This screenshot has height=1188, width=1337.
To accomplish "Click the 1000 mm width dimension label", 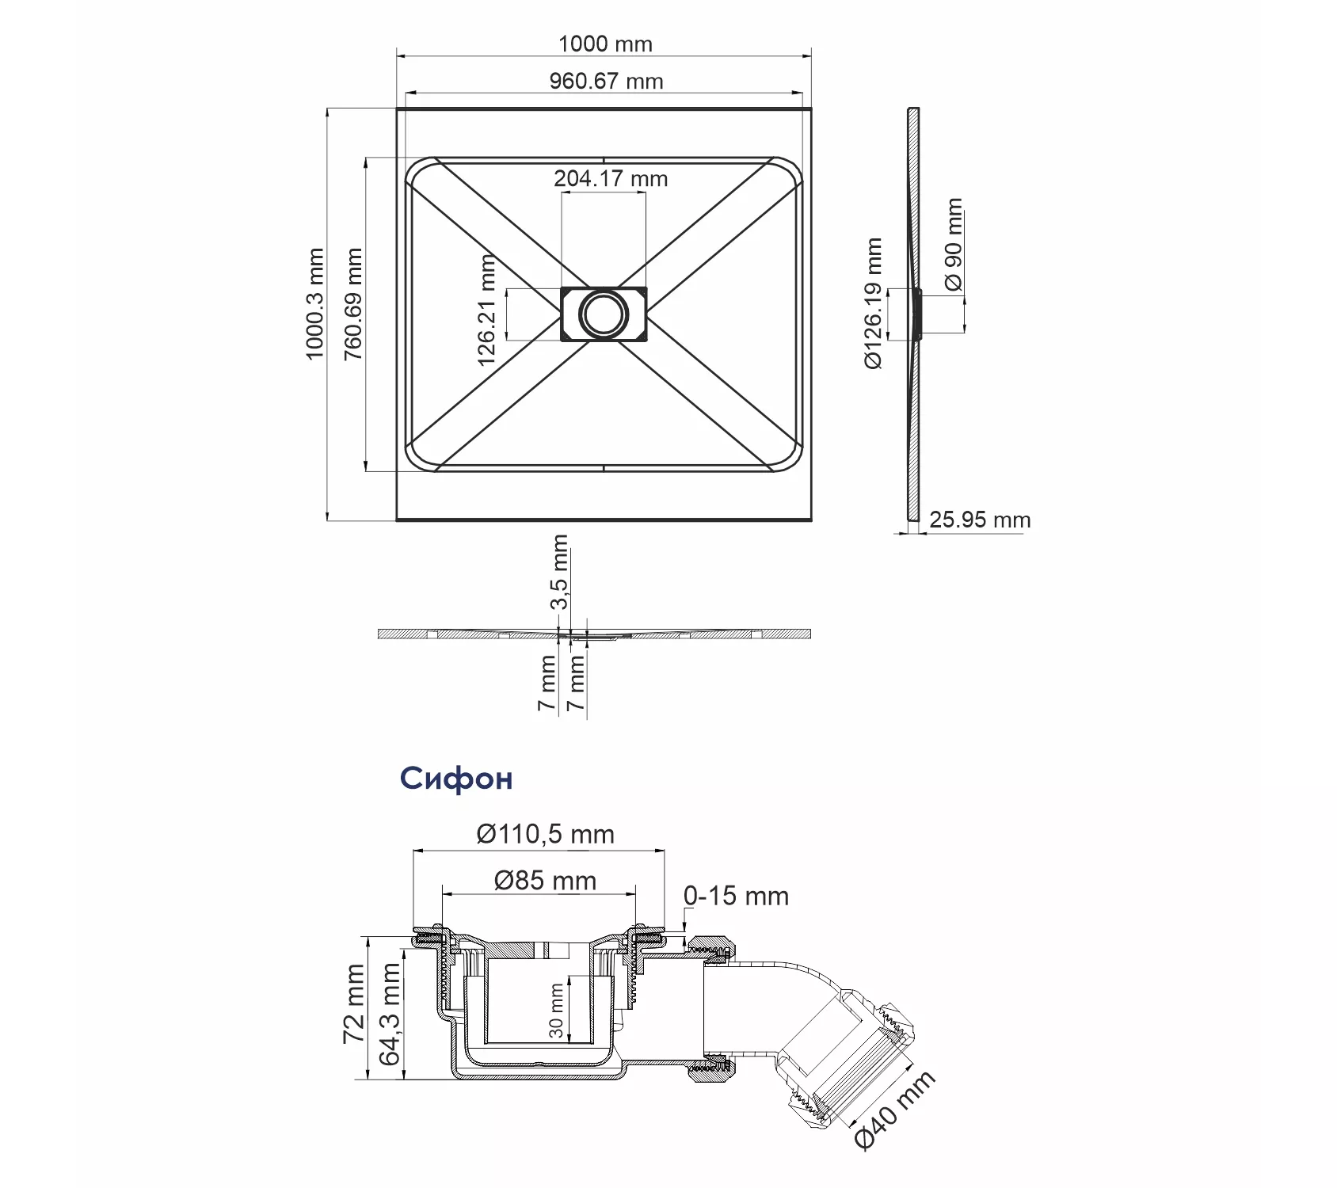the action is click(605, 44).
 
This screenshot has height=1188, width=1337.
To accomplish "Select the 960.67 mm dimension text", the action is click(606, 81).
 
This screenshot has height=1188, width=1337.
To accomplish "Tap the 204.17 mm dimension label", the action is click(611, 178).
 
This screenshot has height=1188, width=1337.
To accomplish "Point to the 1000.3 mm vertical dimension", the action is click(315, 303).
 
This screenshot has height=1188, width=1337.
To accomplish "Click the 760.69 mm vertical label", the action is click(352, 304).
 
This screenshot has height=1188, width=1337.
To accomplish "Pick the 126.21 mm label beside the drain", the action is click(486, 310).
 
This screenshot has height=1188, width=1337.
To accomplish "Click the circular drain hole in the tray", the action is click(604, 314).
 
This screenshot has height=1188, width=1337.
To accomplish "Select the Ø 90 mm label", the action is click(954, 245).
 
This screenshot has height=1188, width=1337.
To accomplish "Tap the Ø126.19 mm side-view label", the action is click(873, 303).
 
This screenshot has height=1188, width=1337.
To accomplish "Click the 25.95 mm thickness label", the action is click(980, 520).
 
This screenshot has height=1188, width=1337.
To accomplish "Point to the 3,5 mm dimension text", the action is click(559, 572).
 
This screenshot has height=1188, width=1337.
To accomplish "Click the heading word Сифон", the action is click(456, 779).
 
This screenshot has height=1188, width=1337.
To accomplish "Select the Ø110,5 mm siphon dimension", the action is click(545, 834).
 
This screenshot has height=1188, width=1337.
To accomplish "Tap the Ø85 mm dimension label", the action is click(545, 880).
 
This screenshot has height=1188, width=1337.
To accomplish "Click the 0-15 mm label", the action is click(736, 896).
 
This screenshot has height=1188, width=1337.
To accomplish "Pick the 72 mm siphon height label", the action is click(353, 1003).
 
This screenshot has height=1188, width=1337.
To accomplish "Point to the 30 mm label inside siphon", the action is click(556, 1011).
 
